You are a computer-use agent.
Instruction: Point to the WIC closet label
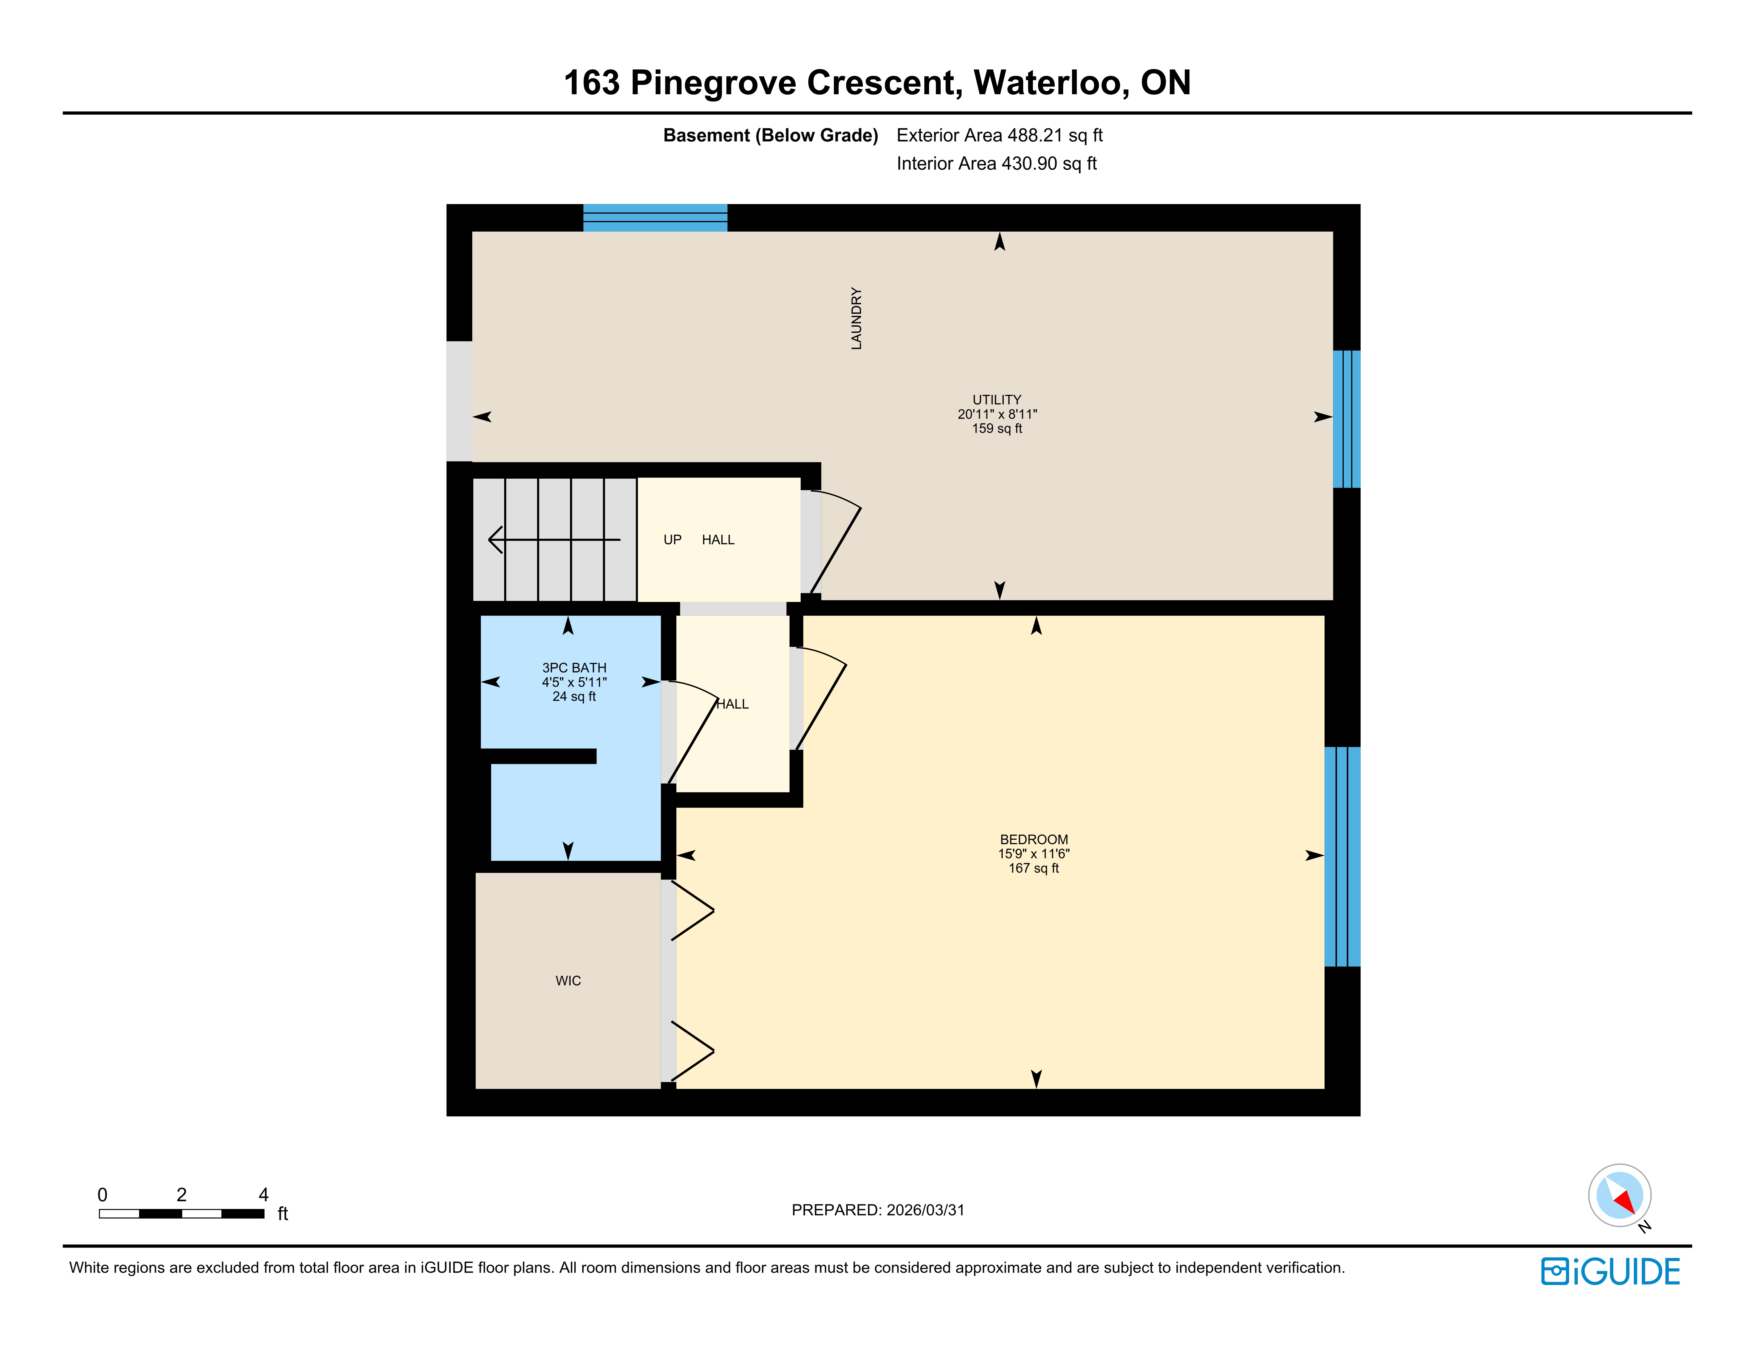(x=568, y=981)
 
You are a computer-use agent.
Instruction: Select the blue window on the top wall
(x=655, y=218)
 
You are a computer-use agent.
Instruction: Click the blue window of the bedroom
(x=1342, y=856)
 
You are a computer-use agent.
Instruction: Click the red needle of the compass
(x=1625, y=1202)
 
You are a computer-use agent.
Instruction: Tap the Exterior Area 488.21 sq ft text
(x=1000, y=135)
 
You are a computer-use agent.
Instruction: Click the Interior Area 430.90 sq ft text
(x=996, y=163)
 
